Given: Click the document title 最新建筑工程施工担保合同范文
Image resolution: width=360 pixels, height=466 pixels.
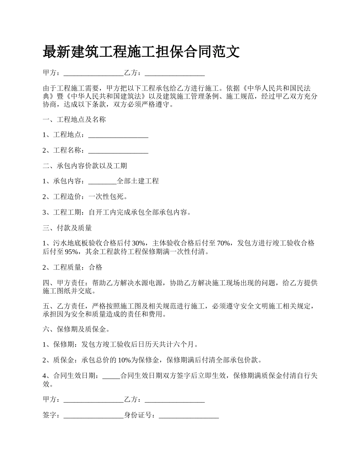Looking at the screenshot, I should point(141,52).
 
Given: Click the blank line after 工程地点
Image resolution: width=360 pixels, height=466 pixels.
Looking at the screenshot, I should point(118,135).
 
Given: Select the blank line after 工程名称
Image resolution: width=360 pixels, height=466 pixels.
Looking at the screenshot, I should point(118,150).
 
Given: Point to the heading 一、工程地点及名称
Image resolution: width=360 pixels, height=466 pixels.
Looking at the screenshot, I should point(74,120).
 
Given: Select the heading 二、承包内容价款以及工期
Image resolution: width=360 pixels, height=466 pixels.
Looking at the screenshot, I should point(85,166).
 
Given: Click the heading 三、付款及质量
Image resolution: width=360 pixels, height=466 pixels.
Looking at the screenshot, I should point(67,228).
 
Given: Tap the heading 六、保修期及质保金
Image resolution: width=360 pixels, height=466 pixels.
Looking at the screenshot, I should point(74,329).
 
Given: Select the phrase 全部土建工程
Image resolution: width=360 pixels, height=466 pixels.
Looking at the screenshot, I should point(138,181).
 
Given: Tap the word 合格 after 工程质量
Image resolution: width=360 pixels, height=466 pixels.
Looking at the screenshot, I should point(95,267).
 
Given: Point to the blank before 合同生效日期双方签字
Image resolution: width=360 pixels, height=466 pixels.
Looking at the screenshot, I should point(111,376).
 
